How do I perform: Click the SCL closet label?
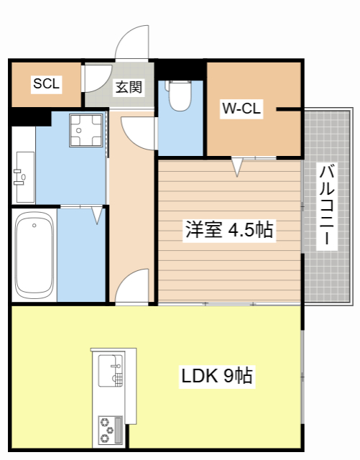pyautogui.click(x=46, y=84)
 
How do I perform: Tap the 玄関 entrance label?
pyautogui.click(x=129, y=88)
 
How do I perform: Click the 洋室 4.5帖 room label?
pyautogui.click(x=229, y=231)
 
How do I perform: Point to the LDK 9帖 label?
pyautogui.click(x=216, y=375)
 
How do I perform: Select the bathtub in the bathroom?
pyautogui.click(x=34, y=254)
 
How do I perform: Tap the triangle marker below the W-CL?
pyautogui.click(x=236, y=167)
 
